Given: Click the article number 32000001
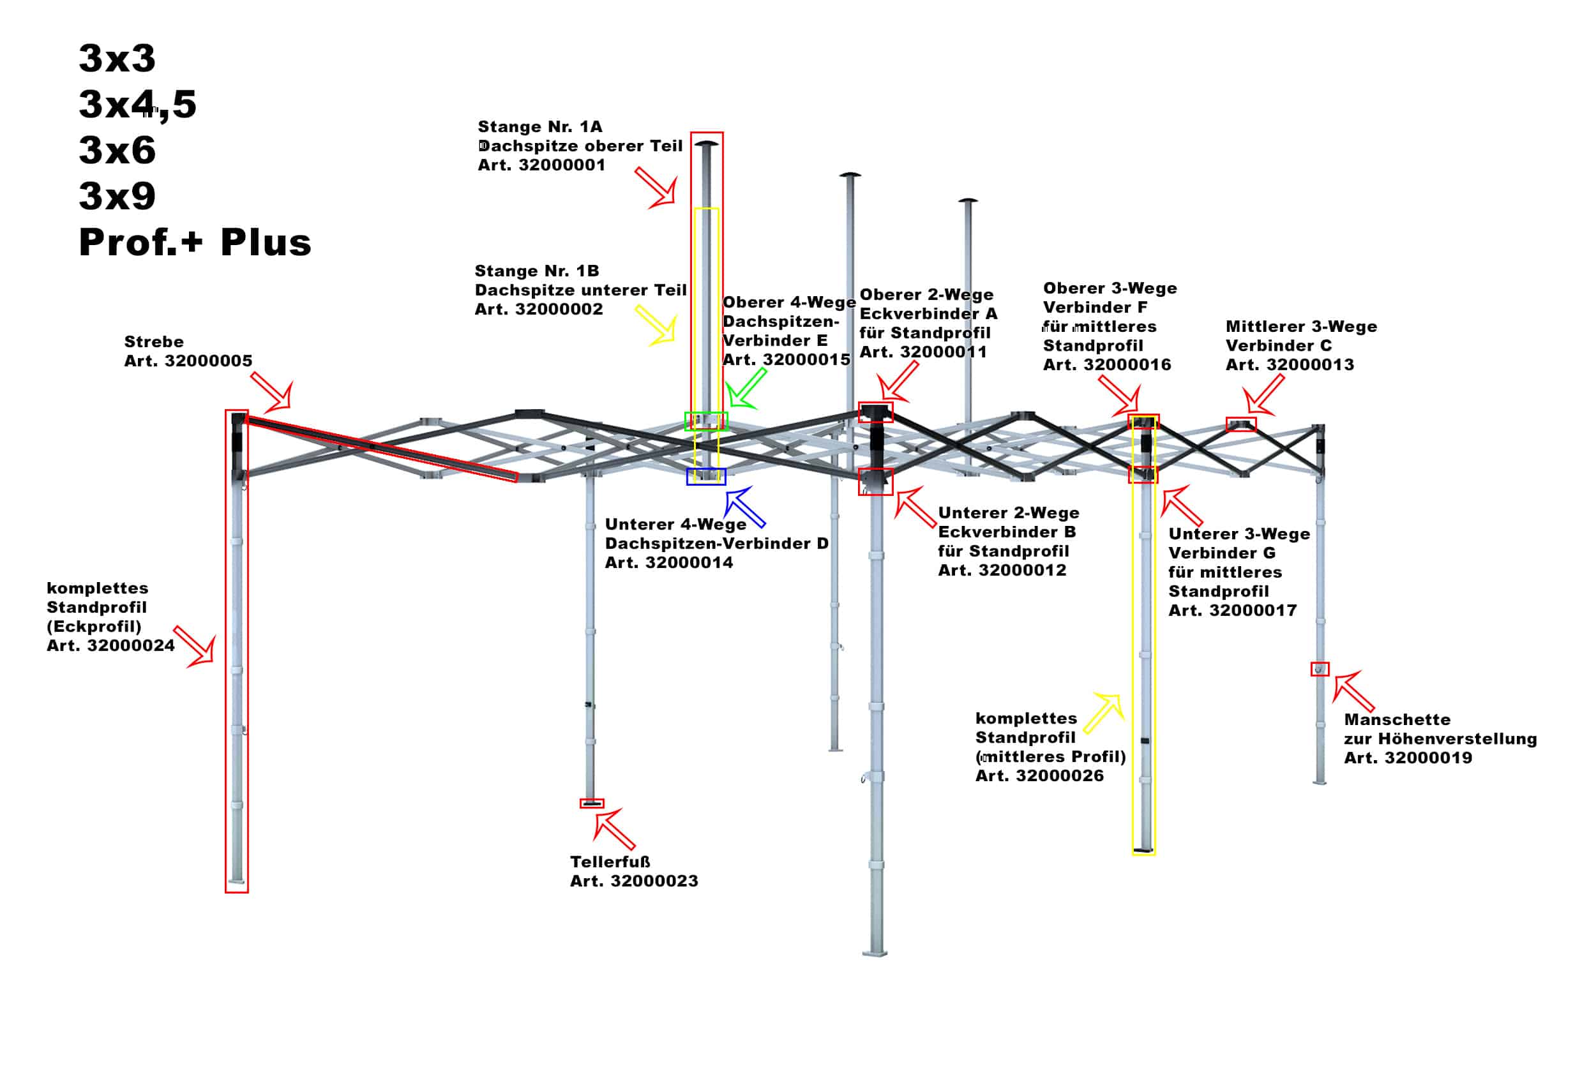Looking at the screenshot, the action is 562,165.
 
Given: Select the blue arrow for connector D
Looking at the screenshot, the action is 745,507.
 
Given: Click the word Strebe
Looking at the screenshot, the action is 154,342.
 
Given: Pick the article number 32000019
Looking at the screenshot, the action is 1429,758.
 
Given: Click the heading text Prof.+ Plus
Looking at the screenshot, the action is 195,243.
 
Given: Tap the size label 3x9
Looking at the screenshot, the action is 117,197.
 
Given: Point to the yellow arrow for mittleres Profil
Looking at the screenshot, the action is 1104,714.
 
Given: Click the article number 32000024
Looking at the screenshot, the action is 130,645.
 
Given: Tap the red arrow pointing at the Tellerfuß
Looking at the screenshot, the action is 615,829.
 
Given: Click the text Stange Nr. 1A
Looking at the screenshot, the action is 541,127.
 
